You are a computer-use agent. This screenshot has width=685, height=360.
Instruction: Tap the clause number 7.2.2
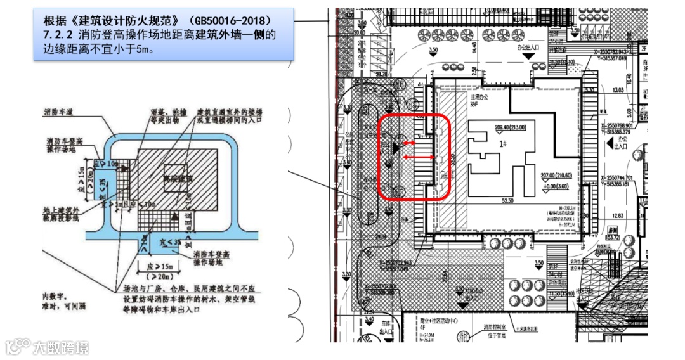click(x=58, y=34)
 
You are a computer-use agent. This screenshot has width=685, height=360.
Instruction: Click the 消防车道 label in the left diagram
click(x=60, y=112)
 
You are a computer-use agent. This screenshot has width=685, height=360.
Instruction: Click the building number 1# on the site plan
click(x=503, y=145)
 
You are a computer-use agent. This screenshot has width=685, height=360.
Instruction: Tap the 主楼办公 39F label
click(x=477, y=101)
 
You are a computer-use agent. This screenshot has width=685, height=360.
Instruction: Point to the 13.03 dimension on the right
click(x=615, y=91)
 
